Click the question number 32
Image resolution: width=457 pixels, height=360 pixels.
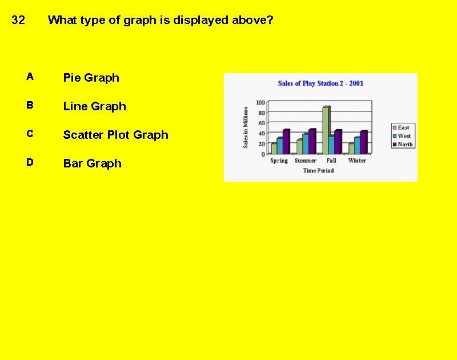point(18,21)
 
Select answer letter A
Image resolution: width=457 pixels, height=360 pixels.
point(30,77)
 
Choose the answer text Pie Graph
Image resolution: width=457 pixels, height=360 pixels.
point(91,78)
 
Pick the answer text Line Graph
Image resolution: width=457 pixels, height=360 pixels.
point(94,106)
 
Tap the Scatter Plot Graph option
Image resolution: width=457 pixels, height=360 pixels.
point(115,135)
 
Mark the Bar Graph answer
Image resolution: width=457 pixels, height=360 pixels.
point(92,163)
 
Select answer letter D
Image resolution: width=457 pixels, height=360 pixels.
point(30,162)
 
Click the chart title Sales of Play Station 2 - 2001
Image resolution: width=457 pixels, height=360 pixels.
point(320,83)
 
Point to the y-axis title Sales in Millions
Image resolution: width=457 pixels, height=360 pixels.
point(246,127)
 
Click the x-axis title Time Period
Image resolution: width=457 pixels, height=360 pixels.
point(318,170)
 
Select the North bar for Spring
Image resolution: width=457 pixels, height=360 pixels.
point(286,142)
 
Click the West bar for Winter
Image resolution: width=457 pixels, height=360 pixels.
point(357,146)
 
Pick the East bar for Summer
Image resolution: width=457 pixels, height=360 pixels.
point(299,147)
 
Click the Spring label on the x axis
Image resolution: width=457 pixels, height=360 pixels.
point(279,161)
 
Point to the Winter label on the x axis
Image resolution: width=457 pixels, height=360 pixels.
point(357,161)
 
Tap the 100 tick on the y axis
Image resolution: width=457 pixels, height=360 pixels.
point(260,102)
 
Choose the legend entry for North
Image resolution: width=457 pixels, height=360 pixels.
point(404,145)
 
